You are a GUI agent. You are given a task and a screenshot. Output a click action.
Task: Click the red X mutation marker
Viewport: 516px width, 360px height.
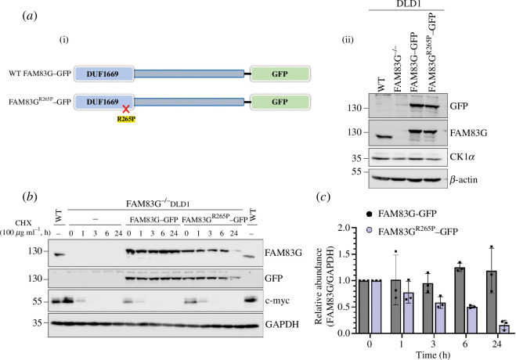pos(126,109)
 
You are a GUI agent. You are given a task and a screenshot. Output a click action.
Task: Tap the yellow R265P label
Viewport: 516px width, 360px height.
pos(126,119)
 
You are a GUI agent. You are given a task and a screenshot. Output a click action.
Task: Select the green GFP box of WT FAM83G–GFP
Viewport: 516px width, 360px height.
pos(280,74)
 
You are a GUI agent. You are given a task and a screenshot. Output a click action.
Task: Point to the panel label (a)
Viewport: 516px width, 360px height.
pos(30,16)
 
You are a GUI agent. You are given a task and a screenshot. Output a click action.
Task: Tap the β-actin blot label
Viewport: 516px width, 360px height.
pos(464,180)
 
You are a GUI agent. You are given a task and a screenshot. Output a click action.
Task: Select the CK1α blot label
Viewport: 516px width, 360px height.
pos(462,157)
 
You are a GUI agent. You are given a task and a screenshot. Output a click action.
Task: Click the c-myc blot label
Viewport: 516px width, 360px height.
pos(277,301)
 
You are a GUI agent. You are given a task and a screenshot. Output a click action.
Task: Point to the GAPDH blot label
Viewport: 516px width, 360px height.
pos(282,325)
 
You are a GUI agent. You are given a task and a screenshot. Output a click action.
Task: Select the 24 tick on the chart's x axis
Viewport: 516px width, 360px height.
pos(497,344)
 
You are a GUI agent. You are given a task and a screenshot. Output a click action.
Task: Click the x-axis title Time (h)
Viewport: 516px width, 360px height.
pos(433,355)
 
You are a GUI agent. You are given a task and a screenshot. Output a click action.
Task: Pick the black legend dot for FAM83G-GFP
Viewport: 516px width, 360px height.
pos(369,214)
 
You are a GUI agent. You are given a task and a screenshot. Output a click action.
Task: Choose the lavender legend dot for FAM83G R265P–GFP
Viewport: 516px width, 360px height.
pos(369,232)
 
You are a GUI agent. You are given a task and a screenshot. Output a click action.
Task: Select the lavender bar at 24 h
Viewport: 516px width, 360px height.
pos(503,329)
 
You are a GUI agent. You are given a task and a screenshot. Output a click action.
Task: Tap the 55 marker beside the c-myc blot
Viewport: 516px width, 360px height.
pos(38,301)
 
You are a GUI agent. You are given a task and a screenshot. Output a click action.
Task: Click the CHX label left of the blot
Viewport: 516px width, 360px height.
pos(23,223)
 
